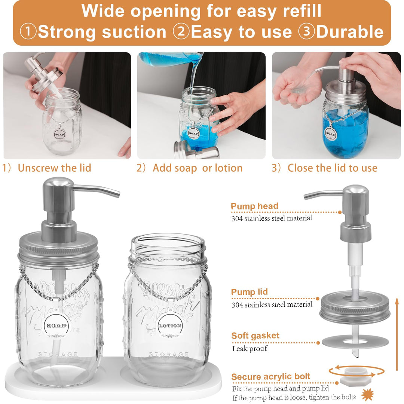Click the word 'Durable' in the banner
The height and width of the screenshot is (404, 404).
click(x=350, y=32)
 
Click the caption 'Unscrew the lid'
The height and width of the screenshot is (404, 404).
click(x=54, y=168)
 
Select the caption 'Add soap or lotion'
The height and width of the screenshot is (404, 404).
click(x=198, y=168)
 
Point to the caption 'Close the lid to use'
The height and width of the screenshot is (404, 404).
click(x=333, y=168)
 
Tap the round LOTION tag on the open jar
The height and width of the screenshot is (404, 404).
click(x=170, y=326)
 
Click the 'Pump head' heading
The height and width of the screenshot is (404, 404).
click(x=255, y=206)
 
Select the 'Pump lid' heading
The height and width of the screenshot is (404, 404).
click(x=250, y=292)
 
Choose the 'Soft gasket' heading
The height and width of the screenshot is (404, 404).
click(x=255, y=336)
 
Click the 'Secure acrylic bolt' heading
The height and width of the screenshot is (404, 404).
click(x=271, y=376)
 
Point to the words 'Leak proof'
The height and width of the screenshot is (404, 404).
click(x=250, y=349)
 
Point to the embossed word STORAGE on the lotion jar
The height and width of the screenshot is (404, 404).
click(x=169, y=355)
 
